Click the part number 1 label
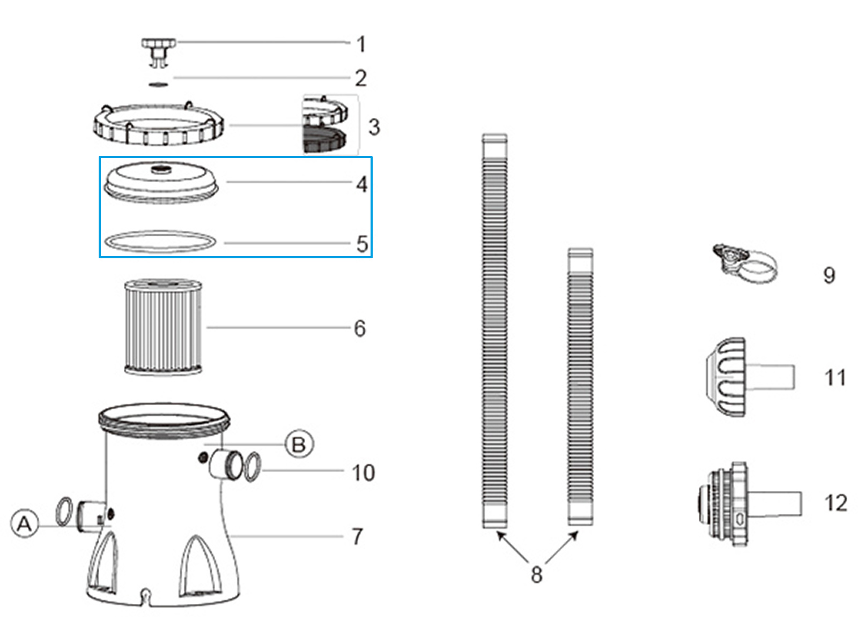tap(361, 44)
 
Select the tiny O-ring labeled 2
tap(158, 84)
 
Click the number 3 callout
tap(374, 127)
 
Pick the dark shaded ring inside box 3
tap(324, 141)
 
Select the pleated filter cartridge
tap(163, 326)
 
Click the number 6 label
tap(360, 328)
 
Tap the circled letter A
tap(25, 524)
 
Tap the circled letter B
tap(299, 444)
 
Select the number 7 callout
tap(357, 536)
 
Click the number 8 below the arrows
tap(536, 574)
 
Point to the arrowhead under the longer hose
tap(501, 534)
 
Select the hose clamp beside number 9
tap(745, 265)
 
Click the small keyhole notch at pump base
tap(145, 594)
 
